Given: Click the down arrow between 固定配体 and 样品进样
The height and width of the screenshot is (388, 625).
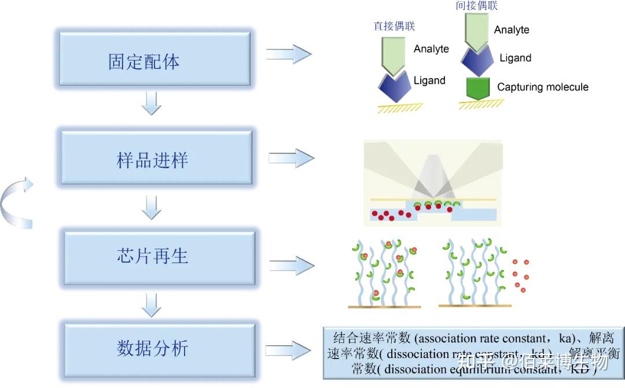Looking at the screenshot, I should tap(151, 102).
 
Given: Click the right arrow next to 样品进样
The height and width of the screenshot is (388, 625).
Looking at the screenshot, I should tap(291, 158).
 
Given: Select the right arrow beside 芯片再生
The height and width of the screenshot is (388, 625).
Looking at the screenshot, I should tap(292, 265).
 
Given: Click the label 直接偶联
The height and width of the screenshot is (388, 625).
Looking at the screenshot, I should tap(394, 26).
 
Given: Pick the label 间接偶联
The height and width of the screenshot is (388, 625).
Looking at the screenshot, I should tap(477, 6).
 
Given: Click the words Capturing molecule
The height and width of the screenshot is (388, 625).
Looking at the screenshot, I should tap(542, 87).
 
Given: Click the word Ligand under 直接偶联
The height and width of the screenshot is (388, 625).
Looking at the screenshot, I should tap(429, 81).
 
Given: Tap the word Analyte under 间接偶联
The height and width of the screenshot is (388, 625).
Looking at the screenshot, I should tap(512, 30).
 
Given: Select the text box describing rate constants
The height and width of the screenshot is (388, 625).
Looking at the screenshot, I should tap(473, 353).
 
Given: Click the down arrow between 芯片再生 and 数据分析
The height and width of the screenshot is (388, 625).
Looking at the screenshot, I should tap(151, 304).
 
